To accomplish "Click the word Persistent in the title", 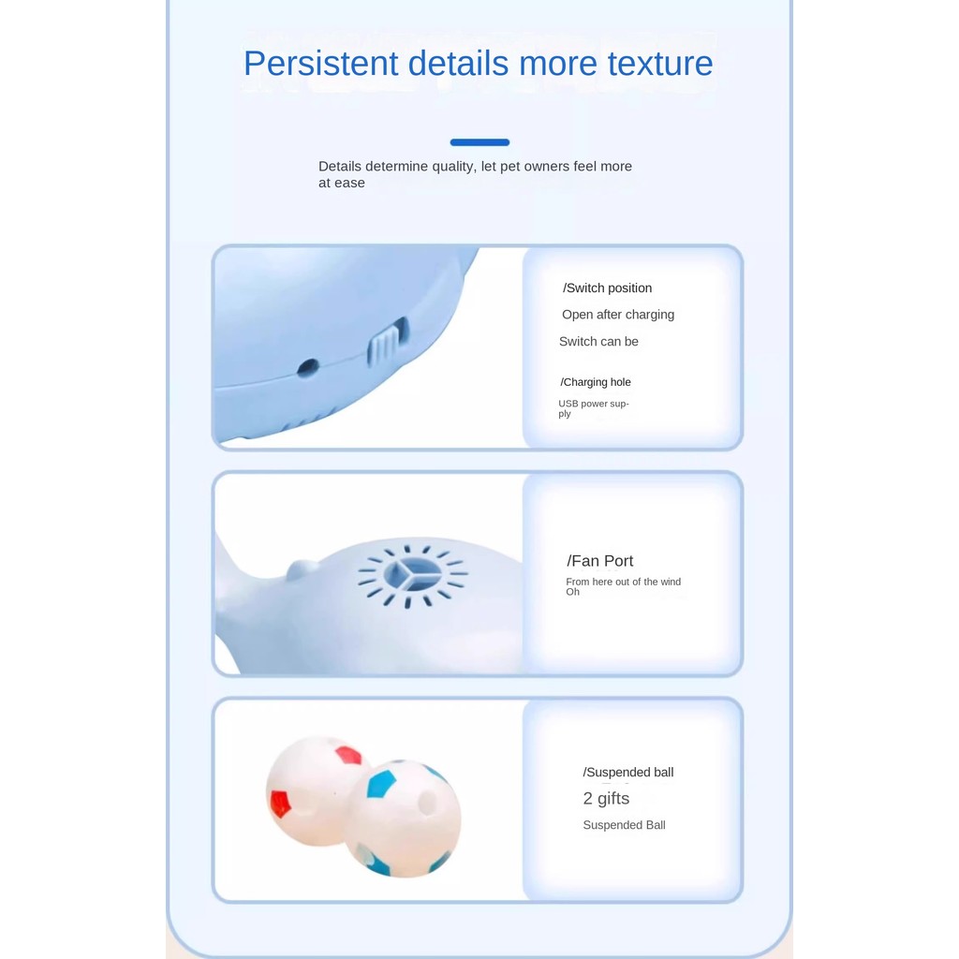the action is [x=321, y=63].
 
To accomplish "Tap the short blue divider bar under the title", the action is [x=479, y=142].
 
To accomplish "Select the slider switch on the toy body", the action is [x=387, y=343].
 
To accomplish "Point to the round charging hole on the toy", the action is [x=307, y=367].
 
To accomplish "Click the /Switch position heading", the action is [x=607, y=288].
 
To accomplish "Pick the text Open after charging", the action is [x=618, y=315].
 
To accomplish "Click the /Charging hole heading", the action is [x=596, y=382].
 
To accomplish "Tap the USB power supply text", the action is [x=593, y=408].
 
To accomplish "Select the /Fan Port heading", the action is [x=600, y=561].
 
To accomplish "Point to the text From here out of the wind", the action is [x=623, y=582].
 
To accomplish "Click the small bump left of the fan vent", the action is [x=302, y=569].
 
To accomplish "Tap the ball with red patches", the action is [x=312, y=790].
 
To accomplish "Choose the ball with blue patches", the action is [x=403, y=819].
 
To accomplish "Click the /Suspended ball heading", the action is [x=628, y=773].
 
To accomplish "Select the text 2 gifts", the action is [x=606, y=799].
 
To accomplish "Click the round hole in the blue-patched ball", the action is [x=426, y=803].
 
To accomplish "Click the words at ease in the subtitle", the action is [x=341, y=183].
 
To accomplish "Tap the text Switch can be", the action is [x=598, y=342].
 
